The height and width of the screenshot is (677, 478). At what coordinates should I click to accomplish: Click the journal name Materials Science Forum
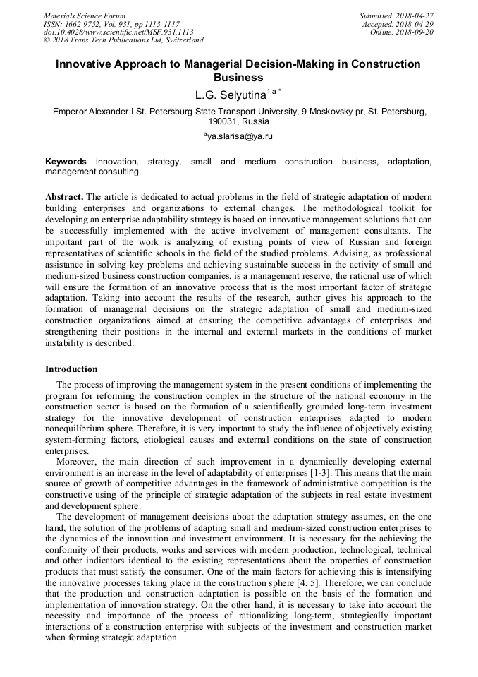pyautogui.click(x=85, y=16)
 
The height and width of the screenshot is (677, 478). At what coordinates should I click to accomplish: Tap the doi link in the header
pyautogui.click(x=118, y=32)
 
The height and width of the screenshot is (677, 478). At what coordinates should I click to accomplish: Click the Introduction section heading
pyautogui.click(x=71, y=369)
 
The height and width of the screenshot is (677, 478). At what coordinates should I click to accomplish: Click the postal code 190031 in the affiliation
pyautogui.click(x=208, y=121)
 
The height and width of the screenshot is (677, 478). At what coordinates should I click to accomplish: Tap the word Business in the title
pyautogui.click(x=238, y=77)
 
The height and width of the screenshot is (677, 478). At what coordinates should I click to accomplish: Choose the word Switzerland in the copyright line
pyautogui.click(x=178, y=40)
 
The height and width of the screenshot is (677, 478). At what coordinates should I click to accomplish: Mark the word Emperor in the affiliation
pyautogui.click(x=73, y=111)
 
